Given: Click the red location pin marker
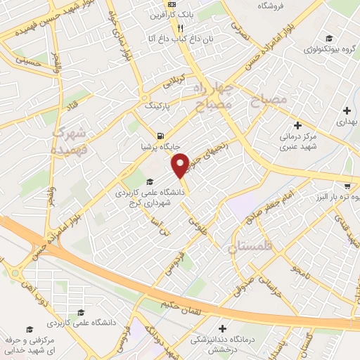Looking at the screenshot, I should (181, 165).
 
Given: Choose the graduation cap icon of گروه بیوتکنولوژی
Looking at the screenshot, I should (329, 39).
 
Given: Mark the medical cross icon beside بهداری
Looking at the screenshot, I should (347, 110).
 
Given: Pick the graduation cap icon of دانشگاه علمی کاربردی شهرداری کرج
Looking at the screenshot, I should (148, 181).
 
